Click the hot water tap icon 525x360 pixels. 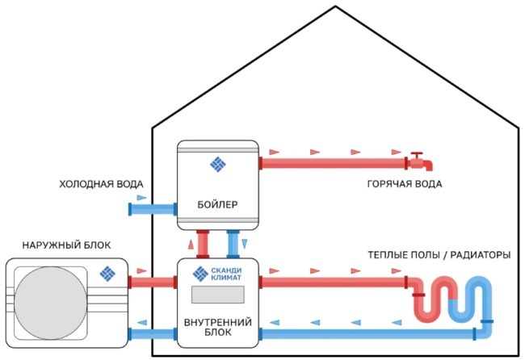click(419, 162)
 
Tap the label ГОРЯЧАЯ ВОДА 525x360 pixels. click(401, 184)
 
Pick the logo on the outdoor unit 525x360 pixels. click(108, 274)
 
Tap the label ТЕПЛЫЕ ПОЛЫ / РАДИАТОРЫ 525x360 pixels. click(439, 255)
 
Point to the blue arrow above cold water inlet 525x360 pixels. click(142, 197)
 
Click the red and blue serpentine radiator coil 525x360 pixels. click(451, 299)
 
